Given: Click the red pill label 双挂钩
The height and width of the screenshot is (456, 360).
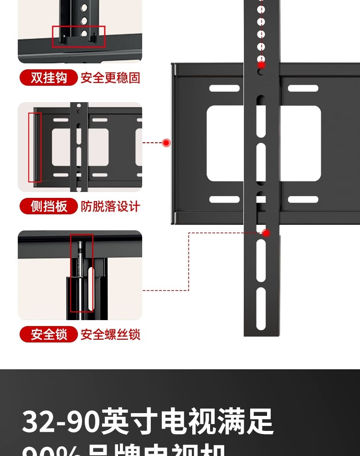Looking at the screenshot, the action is pos(49,78).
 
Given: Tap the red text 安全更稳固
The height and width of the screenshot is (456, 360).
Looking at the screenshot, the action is pos(110,78).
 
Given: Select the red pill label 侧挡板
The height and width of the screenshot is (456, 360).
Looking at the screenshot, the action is pos(49,206).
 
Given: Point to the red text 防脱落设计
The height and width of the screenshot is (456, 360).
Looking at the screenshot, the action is pos(110,206).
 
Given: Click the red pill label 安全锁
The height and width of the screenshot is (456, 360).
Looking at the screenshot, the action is pos(49,335).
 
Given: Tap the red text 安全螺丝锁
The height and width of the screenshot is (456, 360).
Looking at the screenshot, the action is pos(110,335).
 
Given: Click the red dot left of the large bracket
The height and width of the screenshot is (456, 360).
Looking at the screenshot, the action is pos(166,143).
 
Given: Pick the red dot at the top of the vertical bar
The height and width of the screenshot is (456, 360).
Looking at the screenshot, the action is pos(261,65).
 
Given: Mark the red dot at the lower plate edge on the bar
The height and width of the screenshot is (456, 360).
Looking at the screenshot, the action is pos(266,233).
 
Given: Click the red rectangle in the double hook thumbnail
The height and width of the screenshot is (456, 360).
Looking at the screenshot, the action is pos(79,36).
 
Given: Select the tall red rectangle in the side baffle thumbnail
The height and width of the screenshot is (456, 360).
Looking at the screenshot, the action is pos(35,147).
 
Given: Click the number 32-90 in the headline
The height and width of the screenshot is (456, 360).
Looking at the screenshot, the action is pos(60,422).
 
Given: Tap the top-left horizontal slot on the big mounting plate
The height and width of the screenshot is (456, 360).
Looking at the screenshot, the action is pos(224,88).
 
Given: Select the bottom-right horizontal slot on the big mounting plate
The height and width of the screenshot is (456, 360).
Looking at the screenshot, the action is pos(303,199).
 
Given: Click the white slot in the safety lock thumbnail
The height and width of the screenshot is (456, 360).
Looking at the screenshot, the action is pos(91,290).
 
